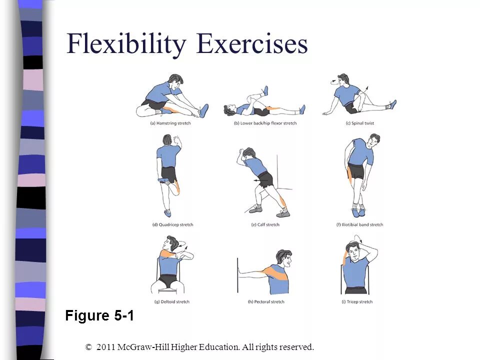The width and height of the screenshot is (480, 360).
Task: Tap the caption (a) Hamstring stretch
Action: (170, 123)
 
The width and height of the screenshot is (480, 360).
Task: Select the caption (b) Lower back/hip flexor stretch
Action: (265, 123)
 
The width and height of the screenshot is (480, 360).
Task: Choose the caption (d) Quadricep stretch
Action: (172, 224)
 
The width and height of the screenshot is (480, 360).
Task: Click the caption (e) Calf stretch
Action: (265, 224)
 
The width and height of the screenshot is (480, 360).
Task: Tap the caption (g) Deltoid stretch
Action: (171, 301)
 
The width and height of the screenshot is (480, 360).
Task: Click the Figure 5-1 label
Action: (99, 316)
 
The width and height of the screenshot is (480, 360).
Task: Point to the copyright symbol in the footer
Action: (89, 346)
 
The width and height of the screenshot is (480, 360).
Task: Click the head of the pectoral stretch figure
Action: (283, 259)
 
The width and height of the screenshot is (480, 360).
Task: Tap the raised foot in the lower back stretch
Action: (265, 91)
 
